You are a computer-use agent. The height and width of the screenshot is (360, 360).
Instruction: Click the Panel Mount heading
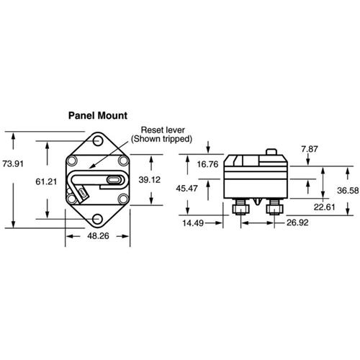pyautogui.click(x=98, y=116)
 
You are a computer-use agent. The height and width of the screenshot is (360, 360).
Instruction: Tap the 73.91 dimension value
pyautogui.click(x=13, y=164)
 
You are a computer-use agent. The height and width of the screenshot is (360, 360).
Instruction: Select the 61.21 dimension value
pyautogui.click(x=46, y=181)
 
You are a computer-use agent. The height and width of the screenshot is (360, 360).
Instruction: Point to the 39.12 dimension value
pyautogui.click(x=150, y=180)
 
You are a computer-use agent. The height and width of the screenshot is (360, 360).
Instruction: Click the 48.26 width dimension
pyautogui.click(x=98, y=236)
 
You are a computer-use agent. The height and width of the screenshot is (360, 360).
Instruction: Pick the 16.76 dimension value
pyautogui.click(x=208, y=164)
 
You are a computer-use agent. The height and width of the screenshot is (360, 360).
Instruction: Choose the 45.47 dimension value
pyautogui.click(x=186, y=189)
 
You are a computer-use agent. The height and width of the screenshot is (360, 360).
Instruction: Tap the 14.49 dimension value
pyautogui.click(x=193, y=223)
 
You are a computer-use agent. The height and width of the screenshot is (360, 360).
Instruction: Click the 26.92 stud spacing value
pyautogui.click(x=297, y=222)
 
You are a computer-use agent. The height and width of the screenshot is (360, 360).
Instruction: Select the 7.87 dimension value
pyautogui.click(x=310, y=149)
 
